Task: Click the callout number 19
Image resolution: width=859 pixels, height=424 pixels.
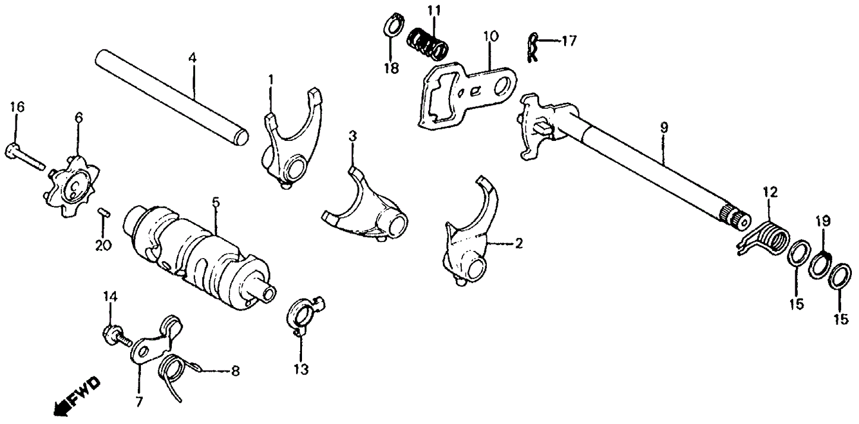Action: (x=823, y=222)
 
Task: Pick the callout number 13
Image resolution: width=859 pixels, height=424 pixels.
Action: (x=301, y=369)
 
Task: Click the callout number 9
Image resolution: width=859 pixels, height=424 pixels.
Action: (x=663, y=127)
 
